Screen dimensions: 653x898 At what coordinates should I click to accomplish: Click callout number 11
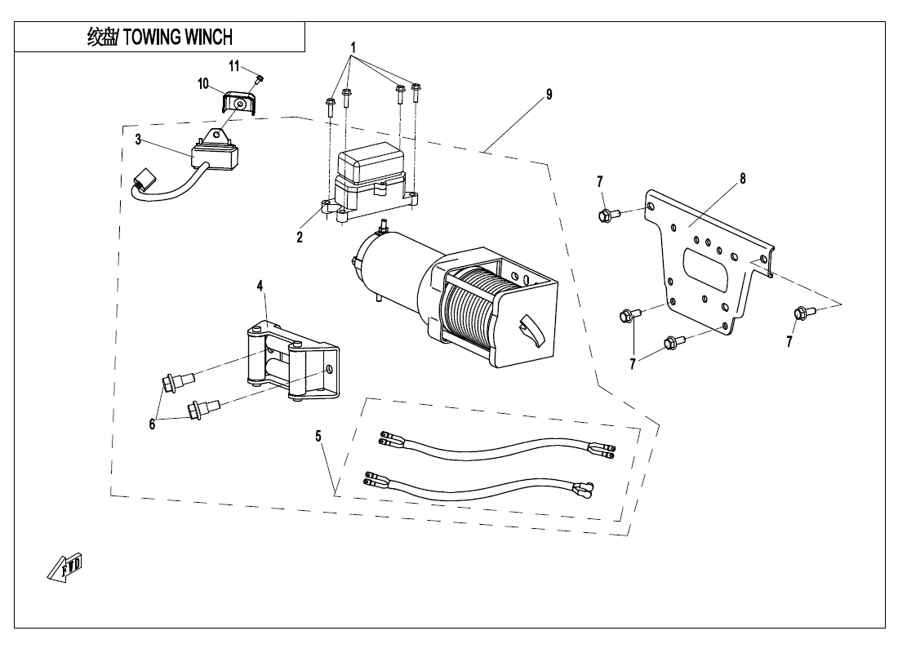tap(233, 65)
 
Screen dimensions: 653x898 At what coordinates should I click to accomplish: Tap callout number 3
tap(139, 140)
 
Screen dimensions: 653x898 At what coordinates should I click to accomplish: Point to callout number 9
tap(549, 95)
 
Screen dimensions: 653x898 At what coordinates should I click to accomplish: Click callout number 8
tap(742, 178)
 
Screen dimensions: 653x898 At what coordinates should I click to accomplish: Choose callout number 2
tap(300, 238)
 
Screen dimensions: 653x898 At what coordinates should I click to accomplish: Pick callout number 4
tap(260, 285)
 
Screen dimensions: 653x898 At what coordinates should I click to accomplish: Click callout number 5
tap(318, 436)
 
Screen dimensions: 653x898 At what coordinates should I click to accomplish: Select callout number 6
tap(152, 424)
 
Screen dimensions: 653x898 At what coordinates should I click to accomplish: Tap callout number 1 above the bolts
tap(353, 47)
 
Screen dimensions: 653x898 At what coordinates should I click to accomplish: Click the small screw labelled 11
tap(259, 79)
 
